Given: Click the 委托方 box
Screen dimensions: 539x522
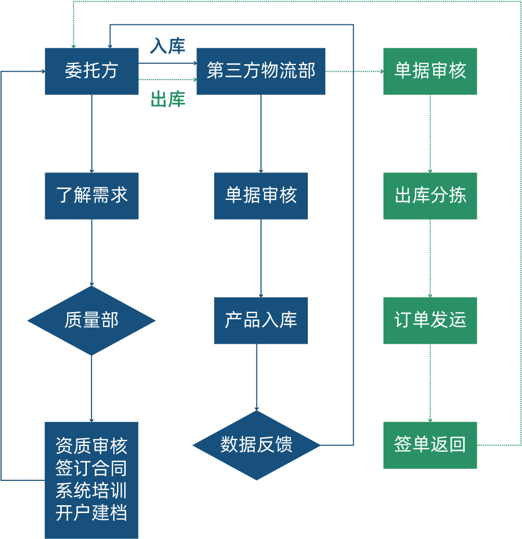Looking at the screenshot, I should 92,71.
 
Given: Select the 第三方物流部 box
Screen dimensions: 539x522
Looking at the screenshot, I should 261,71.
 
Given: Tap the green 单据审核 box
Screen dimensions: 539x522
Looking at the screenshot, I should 430,71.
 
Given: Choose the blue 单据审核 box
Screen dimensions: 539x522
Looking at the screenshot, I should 261,196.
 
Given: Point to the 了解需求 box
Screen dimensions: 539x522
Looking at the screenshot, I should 92,196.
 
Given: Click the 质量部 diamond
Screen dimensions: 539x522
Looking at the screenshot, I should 92,320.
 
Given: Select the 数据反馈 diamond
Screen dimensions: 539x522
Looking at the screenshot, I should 256,445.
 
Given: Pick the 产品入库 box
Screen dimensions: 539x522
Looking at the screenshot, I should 261,320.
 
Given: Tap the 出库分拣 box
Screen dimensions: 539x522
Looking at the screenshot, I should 430,196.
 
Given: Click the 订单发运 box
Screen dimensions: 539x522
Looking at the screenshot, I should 430,320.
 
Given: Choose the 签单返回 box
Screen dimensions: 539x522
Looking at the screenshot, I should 430,445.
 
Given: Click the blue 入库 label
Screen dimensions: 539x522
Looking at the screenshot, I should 167,46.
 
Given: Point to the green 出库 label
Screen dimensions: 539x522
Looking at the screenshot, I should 167,99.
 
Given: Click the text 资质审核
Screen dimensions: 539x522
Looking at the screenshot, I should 92,446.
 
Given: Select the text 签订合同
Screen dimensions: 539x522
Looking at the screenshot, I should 92,468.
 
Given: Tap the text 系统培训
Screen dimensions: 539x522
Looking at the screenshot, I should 92,491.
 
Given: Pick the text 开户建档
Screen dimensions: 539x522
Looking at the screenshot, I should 92,513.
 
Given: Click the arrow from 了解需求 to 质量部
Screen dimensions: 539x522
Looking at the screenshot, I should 92,252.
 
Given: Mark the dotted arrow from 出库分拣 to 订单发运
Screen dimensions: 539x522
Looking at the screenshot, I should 430,258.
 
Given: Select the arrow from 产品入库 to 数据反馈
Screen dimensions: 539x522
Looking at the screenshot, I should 256,378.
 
